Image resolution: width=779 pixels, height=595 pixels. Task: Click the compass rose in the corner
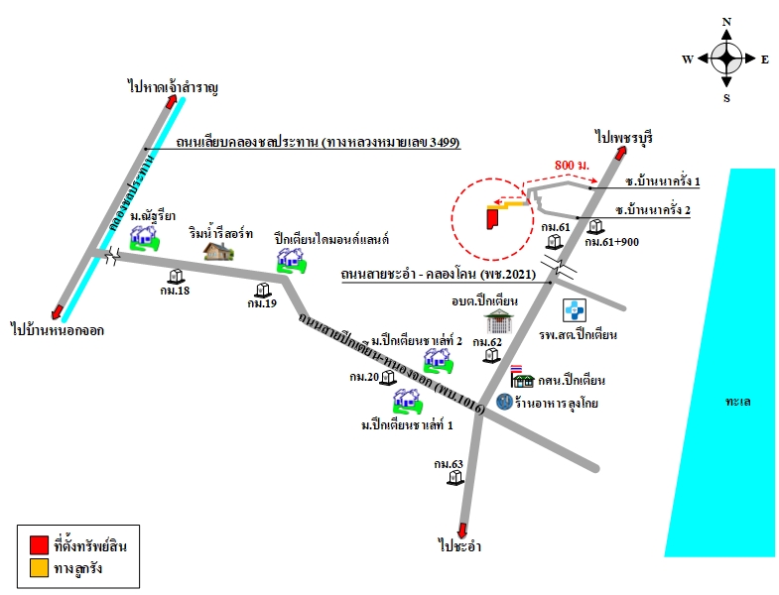tap(726, 59)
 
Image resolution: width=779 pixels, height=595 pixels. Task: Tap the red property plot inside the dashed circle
tap(492, 218)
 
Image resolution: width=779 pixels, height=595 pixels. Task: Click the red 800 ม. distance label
tap(572, 165)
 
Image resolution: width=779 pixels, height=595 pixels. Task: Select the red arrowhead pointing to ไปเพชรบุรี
tap(619, 153)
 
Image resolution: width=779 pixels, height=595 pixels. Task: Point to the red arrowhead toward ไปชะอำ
tap(462, 531)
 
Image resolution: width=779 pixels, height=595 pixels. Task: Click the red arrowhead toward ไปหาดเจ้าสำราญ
tap(172, 102)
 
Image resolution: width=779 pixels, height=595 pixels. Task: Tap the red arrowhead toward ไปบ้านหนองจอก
tap(57, 312)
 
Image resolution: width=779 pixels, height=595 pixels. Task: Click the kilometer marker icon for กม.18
tap(176, 276)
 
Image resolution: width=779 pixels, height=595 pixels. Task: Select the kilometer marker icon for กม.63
tap(454, 478)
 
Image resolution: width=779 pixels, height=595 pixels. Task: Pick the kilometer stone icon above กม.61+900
tap(595, 227)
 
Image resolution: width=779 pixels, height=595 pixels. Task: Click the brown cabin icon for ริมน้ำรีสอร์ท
tap(218, 251)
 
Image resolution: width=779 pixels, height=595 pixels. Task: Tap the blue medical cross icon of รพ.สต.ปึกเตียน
tap(575, 310)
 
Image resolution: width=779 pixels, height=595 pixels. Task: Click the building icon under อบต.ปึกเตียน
tap(498, 321)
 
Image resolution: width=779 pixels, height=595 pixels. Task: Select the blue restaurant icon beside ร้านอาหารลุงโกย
tap(504, 402)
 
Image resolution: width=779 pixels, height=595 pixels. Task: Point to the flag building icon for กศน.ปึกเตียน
tap(521, 377)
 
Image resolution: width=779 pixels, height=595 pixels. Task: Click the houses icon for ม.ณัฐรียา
tap(145, 238)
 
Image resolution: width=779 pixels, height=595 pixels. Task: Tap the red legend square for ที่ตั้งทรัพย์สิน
tap(39, 544)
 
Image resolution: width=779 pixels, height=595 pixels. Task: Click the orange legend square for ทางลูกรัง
tap(39, 568)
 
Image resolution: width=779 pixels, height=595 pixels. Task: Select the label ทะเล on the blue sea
tap(737, 402)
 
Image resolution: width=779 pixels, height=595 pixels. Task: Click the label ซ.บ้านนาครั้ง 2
tap(652, 209)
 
